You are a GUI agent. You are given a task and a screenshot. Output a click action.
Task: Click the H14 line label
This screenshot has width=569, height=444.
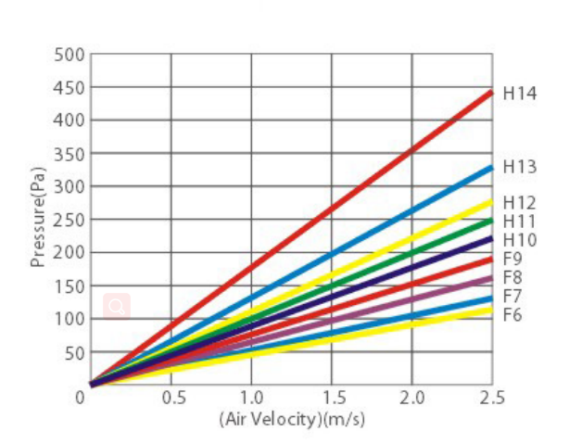(520, 93)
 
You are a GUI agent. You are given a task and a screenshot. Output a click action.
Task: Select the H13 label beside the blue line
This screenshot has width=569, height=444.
(520, 167)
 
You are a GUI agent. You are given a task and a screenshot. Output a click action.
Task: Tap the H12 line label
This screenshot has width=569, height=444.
(520, 203)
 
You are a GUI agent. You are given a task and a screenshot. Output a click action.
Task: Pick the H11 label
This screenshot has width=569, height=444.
(520, 221)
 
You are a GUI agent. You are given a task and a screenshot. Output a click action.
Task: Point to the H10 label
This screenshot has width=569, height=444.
(520, 240)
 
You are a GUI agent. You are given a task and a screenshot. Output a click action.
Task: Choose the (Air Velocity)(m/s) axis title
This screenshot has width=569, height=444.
(292, 418)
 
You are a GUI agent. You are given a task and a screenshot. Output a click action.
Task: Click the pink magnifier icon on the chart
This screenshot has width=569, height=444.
(117, 306)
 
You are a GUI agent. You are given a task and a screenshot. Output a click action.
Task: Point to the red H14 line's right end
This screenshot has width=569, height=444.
(490, 93)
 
